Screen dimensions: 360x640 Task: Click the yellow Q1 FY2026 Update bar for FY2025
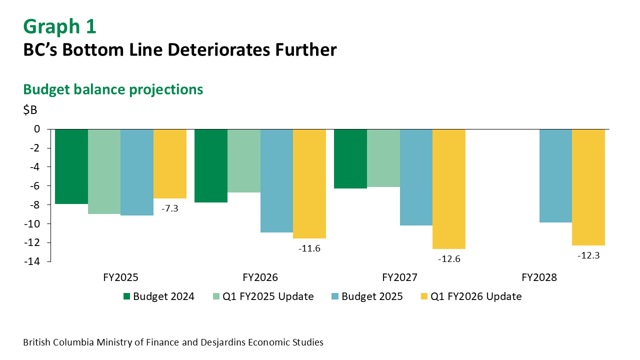[x=170, y=163]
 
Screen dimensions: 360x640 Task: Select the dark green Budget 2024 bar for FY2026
[x=210, y=165]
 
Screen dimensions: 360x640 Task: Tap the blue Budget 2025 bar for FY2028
[x=555, y=175]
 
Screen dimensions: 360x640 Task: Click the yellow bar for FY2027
[x=449, y=188]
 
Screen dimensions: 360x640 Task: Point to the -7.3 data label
[x=169, y=208]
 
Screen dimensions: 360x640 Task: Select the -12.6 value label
[x=448, y=259]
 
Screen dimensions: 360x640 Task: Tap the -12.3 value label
[x=588, y=255]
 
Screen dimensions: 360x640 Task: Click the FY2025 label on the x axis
[x=120, y=277]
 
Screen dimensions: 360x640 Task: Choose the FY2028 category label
[x=539, y=277]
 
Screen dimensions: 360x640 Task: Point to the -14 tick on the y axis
[x=34, y=261]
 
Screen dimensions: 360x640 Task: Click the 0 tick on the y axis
[x=37, y=129]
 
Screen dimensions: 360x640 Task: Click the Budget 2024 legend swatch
[x=127, y=296]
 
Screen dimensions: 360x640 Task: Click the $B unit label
[x=30, y=110]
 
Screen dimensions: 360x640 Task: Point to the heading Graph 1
[x=59, y=26]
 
